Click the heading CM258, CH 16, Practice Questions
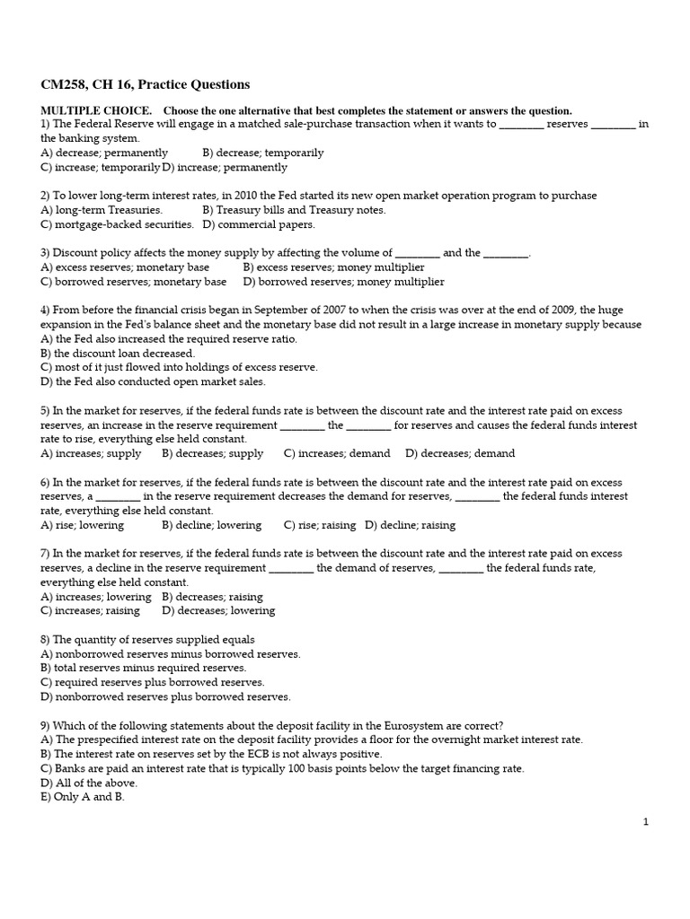click(146, 85)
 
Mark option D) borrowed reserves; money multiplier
click(343, 282)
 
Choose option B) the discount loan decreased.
click(118, 353)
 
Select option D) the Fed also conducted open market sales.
click(154, 381)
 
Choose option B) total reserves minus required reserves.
click(144, 668)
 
